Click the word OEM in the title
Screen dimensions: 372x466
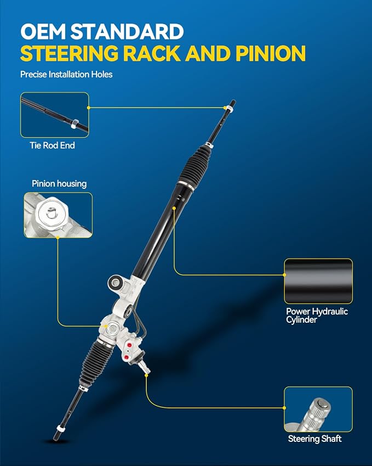tap(43, 31)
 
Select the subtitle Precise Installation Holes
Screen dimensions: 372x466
tap(66, 74)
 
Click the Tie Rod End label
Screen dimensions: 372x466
tap(52, 145)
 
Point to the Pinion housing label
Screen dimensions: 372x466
tap(59, 184)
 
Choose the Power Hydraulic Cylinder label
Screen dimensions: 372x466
tap(317, 315)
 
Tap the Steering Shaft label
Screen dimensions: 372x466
tap(314, 439)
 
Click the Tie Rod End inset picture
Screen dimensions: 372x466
tap(55, 115)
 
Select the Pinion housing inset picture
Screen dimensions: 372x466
tap(58, 215)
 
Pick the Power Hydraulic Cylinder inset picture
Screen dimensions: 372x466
tap(318, 281)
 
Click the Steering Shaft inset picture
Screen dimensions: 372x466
tap(318, 409)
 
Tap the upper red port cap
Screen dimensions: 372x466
tap(129, 345)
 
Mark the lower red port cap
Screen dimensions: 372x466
tap(127, 357)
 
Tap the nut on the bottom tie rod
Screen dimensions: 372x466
tap(60, 428)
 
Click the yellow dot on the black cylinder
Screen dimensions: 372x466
tap(174, 209)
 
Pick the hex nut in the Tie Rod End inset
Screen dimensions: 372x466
tap(75, 123)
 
